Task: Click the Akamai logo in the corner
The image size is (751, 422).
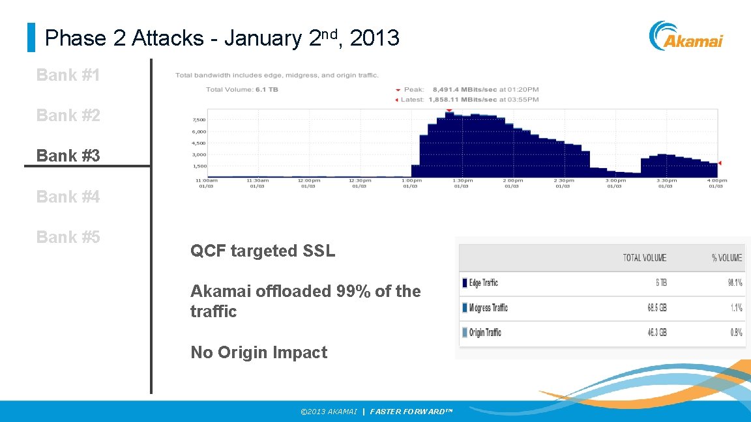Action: (686, 36)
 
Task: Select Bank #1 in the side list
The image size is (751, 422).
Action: (68, 75)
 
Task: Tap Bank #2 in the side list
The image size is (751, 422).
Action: (68, 115)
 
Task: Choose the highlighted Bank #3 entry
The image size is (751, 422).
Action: (68, 156)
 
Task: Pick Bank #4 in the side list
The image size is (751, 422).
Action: (68, 196)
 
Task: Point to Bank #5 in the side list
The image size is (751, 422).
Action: (68, 237)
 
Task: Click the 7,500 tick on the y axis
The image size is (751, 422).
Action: (198, 120)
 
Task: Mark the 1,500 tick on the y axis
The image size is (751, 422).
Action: (198, 166)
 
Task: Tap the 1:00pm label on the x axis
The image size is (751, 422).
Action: (411, 180)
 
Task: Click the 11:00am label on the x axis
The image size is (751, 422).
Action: (207, 180)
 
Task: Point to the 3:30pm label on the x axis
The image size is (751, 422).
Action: (665, 180)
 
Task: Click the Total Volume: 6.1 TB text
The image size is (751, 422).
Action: (242, 89)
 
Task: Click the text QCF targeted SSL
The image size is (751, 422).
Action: (263, 251)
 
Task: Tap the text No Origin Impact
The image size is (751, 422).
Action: (259, 352)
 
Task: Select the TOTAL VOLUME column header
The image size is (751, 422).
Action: (644, 258)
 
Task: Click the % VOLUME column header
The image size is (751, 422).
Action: (726, 258)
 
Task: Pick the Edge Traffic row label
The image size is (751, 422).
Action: (483, 283)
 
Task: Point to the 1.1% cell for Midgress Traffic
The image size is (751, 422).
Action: (736, 307)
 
